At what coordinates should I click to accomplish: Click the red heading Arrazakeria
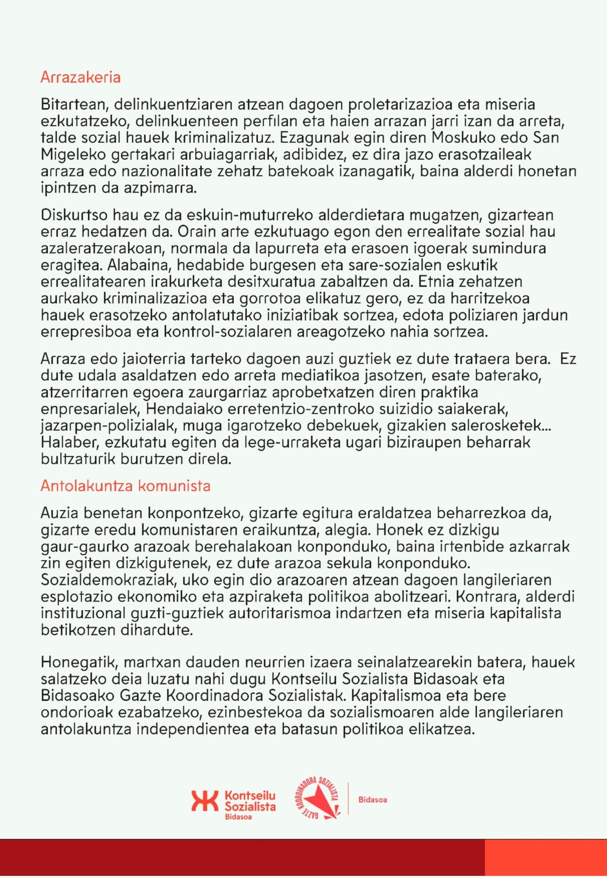tap(81, 77)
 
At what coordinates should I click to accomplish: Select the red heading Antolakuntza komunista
tap(125, 486)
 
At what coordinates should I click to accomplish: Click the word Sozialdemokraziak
tap(108, 580)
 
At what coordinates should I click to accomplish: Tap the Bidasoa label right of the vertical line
tap(373, 800)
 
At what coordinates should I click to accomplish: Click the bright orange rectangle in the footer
tap(546, 857)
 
